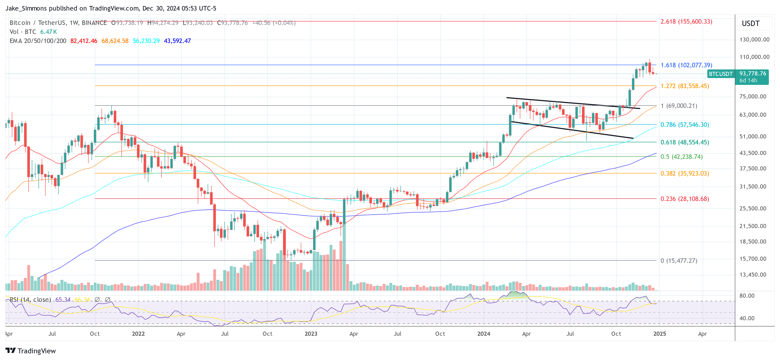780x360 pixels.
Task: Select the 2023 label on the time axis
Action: tap(311, 334)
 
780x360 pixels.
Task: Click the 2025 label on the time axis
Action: tap(659, 334)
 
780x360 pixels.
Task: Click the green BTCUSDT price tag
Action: tap(720, 74)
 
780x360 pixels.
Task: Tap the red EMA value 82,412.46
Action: tap(84, 41)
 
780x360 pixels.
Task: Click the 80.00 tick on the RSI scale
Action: tap(747, 296)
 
